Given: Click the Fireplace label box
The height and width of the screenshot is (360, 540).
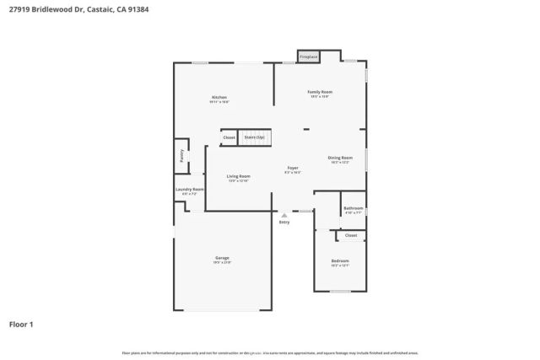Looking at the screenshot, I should click(x=309, y=56).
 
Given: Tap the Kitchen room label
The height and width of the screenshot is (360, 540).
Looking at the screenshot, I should click(x=219, y=98).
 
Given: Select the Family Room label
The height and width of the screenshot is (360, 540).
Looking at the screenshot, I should click(x=320, y=91).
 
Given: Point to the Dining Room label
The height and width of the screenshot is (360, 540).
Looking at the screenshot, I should click(x=340, y=158).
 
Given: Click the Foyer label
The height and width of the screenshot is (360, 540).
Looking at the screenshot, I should click(x=293, y=168).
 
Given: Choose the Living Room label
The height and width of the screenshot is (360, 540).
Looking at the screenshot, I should click(x=239, y=175).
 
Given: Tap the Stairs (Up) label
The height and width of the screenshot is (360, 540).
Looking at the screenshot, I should click(x=254, y=137).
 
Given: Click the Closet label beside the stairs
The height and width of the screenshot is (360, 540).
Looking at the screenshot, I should click(x=229, y=137).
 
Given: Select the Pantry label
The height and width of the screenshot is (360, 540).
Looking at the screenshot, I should click(x=181, y=155).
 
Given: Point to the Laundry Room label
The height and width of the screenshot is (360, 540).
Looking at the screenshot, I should click(x=190, y=190).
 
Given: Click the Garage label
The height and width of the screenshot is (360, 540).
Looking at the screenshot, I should click(x=223, y=257).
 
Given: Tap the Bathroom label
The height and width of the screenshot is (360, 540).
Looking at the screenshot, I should click(x=354, y=208).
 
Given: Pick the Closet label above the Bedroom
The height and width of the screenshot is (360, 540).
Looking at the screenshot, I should click(x=351, y=235).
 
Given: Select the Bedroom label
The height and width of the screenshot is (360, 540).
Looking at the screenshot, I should click(x=340, y=261).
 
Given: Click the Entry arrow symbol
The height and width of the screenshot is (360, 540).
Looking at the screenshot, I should click(x=284, y=215).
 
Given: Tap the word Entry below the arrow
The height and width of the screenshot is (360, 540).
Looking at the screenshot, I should click(x=284, y=222).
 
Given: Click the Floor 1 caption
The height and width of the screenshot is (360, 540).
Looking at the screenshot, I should click(x=21, y=323).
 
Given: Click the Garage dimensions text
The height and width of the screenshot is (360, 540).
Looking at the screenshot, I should click(x=223, y=262).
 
